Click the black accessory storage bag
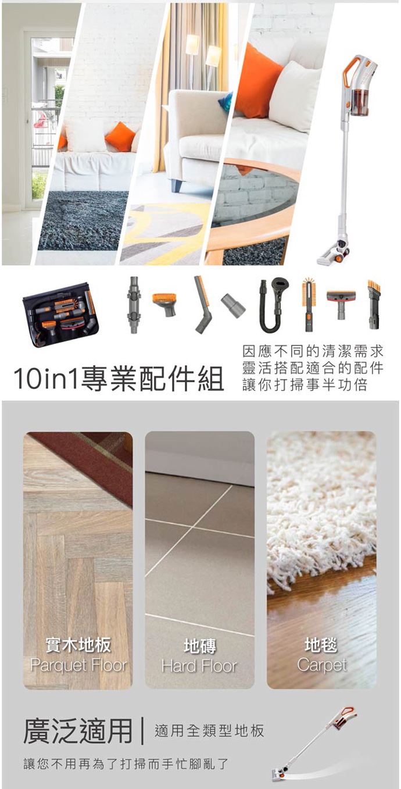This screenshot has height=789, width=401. tap(60, 315)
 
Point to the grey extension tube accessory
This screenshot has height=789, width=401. tap(133, 305)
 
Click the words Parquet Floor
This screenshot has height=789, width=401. tap(78, 665)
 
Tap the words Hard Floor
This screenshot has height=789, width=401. tap(199, 665)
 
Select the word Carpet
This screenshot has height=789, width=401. tap(322, 665)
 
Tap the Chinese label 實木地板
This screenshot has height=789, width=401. tap(78, 644)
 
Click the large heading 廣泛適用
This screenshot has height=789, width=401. tap(77, 731)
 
